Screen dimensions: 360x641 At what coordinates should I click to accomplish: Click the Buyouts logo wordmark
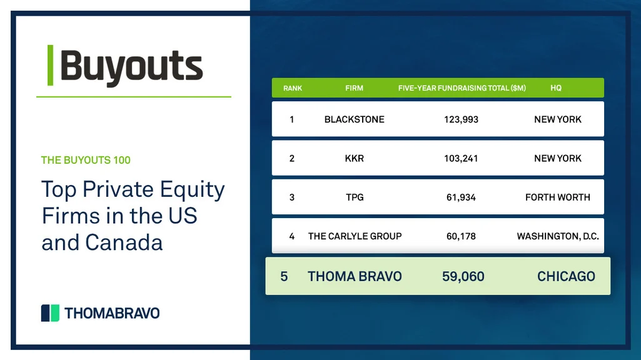131,66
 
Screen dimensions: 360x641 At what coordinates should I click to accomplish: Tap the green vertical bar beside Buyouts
50,66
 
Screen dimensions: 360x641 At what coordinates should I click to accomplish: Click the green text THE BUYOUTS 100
86,160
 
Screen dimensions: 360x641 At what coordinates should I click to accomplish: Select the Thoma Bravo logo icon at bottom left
50,312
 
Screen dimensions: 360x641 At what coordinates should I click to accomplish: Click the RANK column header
293,88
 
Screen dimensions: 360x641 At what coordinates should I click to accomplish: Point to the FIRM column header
354,88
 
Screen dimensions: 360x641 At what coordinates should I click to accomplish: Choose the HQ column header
556,88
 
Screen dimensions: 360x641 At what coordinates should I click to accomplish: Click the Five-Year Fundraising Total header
462,88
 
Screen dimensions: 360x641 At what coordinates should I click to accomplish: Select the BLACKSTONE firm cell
354,119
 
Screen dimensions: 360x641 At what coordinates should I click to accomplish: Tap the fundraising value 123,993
461,119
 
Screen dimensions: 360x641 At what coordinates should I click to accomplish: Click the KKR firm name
354,158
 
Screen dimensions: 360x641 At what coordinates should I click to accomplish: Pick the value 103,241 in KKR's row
461,158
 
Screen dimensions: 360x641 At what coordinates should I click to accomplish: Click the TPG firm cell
354,197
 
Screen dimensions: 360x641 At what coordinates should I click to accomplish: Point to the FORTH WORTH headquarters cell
557,197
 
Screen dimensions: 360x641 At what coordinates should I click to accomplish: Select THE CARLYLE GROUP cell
355,236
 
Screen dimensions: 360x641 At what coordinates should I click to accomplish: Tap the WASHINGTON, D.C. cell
558,236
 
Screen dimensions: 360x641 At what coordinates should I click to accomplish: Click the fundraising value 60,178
461,236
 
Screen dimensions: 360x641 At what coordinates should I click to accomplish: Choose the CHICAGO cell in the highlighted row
566,276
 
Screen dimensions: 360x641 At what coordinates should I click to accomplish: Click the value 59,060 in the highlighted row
463,276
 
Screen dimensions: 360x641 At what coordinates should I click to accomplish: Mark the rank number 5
284,276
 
